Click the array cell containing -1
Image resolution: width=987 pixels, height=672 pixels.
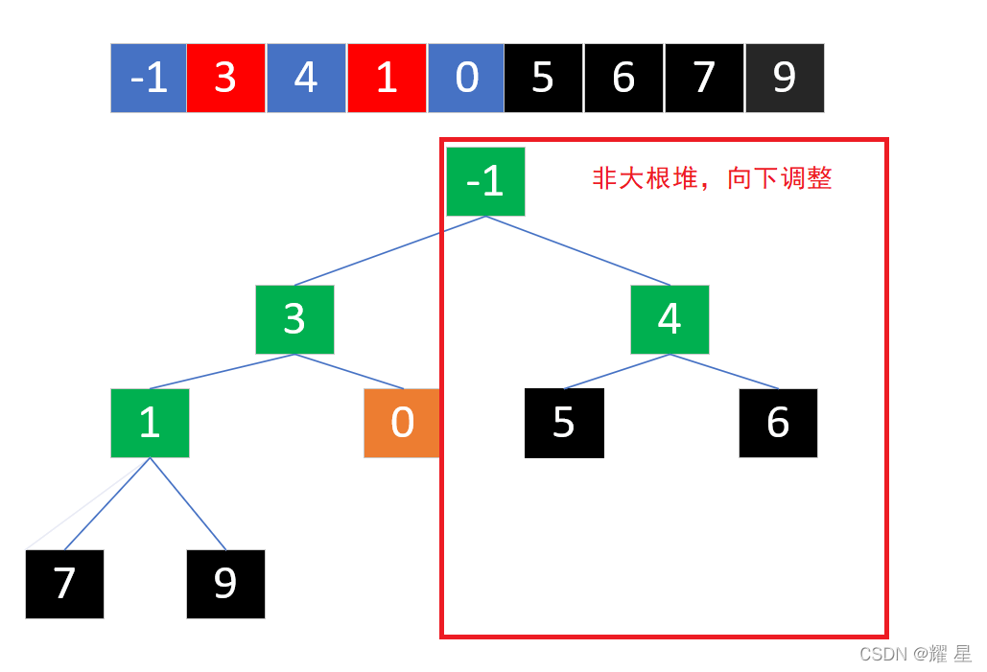click(149, 78)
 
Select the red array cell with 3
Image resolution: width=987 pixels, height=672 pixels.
click(226, 78)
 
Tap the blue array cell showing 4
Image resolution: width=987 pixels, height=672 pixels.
click(306, 78)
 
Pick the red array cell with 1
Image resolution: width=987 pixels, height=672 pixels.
click(387, 78)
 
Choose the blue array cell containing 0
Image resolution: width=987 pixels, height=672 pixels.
click(466, 78)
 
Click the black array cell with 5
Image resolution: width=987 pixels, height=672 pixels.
click(544, 78)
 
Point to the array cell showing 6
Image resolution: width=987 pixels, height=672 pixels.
click(623, 78)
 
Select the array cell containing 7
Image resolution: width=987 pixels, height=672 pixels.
click(704, 78)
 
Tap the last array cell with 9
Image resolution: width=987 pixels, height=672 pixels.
click(785, 78)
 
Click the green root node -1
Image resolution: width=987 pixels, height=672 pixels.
click(485, 181)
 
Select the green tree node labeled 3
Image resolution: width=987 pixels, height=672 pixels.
click(294, 319)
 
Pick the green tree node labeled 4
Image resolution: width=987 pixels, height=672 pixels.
click(670, 319)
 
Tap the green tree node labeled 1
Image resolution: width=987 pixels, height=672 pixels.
click(150, 423)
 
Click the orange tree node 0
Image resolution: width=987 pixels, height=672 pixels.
click(402, 423)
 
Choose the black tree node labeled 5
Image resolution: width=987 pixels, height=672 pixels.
click(564, 423)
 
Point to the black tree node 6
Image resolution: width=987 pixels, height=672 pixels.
click(778, 423)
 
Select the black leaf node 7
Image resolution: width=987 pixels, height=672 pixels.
click(64, 584)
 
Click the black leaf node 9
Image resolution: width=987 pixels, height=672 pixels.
click(225, 584)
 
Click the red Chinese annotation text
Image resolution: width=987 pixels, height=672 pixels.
click(712, 178)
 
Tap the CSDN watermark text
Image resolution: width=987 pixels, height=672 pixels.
click(915, 654)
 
